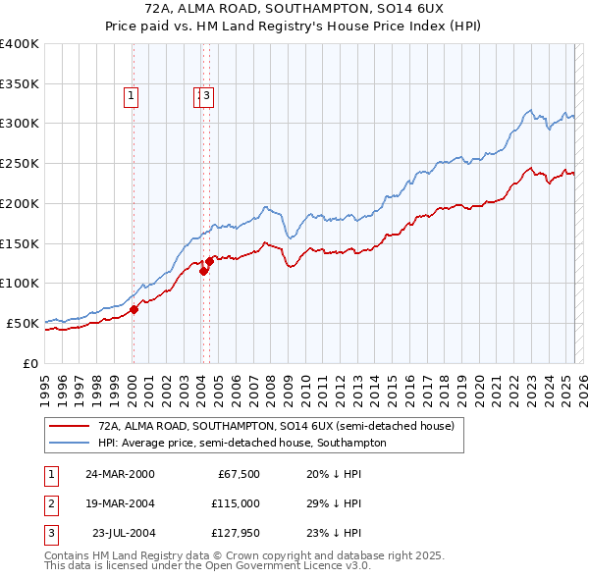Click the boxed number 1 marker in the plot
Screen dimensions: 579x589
pyautogui.click(x=131, y=95)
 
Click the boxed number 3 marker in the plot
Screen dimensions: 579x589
pyautogui.click(x=208, y=95)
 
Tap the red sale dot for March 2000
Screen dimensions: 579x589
pyautogui.click(x=134, y=309)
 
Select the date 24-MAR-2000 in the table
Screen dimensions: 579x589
pyautogui.click(x=120, y=474)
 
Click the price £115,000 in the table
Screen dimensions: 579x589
pyautogui.click(x=236, y=503)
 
